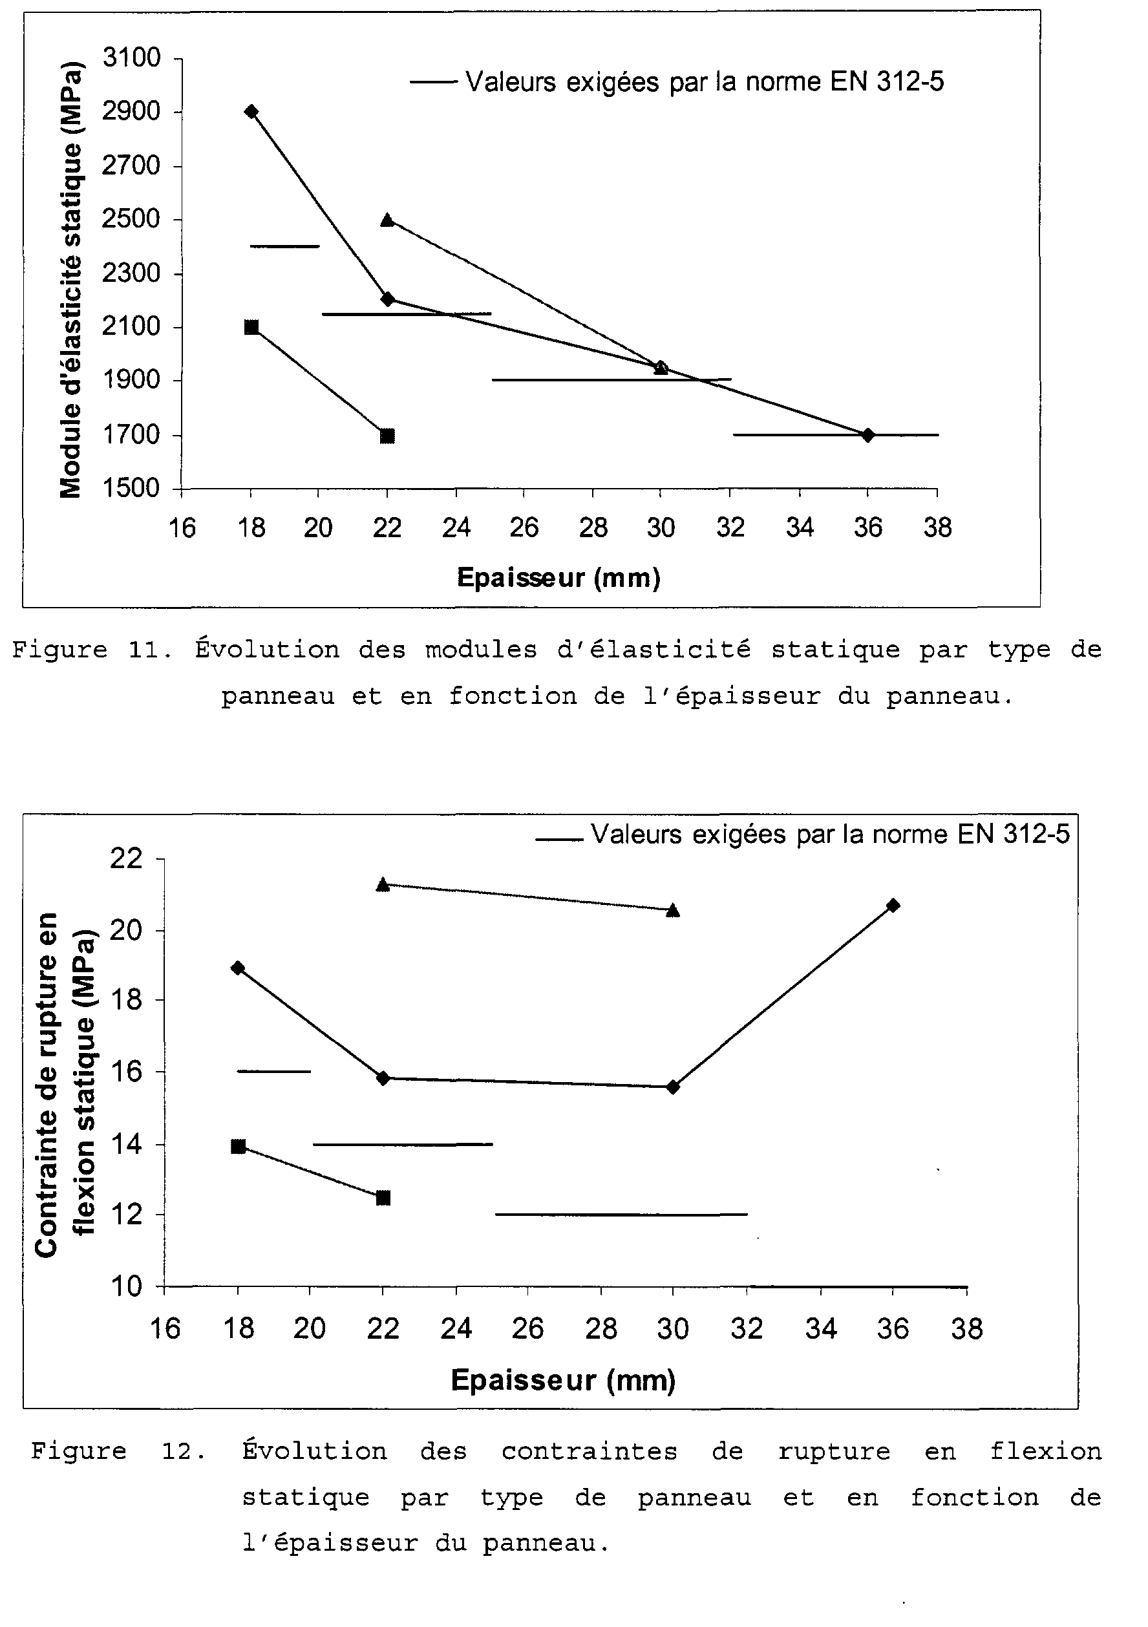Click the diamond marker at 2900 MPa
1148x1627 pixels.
click(x=251, y=111)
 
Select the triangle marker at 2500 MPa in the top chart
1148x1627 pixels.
click(x=387, y=220)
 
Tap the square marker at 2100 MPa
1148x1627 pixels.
click(x=251, y=326)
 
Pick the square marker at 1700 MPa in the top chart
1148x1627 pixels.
click(x=387, y=436)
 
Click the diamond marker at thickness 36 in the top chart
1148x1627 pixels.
click(x=868, y=434)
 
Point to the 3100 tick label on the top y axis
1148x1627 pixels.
click(x=132, y=58)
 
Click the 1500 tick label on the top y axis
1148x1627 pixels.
click(x=132, y=488)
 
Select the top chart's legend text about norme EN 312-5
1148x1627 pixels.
click(x=705, y=82)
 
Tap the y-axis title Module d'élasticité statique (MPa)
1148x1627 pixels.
click(x=71, y=280)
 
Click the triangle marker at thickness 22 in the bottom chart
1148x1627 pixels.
click(x=383, y=884)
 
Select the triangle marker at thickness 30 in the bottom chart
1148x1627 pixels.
click(x=673, y=910)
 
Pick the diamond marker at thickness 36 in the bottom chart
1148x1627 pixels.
click(x=893, y=905)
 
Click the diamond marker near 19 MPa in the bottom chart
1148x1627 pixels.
click(x=238, y=968)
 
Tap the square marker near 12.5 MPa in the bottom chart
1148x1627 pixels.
click(x=383, y=1198)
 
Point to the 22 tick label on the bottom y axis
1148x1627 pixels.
click(x=127, y=858)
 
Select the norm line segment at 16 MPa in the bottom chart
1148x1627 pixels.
click(x=274, y=1072)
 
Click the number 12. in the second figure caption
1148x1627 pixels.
click(x=184, y=1452)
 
